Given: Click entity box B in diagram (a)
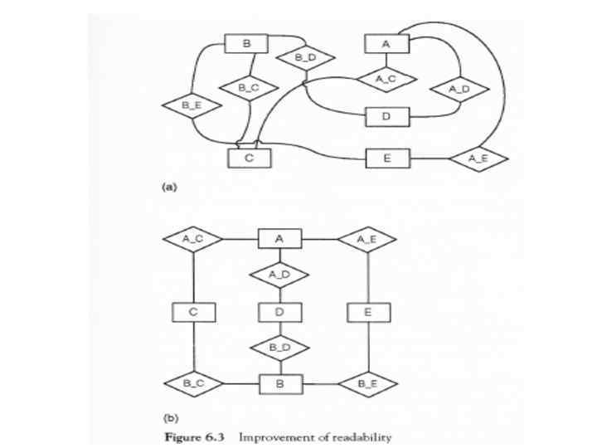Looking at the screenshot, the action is click(x=245, y=43).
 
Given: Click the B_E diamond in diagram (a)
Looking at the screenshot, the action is click(x=191, y=105).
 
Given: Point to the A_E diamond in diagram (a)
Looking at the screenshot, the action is click(x=478, y=158).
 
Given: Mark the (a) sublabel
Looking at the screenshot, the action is click(x=168, y=187).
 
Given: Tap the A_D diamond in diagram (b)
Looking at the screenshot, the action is click(x=279, y=274).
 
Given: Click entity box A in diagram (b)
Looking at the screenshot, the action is click(x=279, y=239).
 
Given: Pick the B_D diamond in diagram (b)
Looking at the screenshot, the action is click(x=279, y=347).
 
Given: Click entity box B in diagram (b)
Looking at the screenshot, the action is click(x=279, y=383).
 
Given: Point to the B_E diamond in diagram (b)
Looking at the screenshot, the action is click(x=367, y=383).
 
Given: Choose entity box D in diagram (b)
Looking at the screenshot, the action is click(x=279, y=312).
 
